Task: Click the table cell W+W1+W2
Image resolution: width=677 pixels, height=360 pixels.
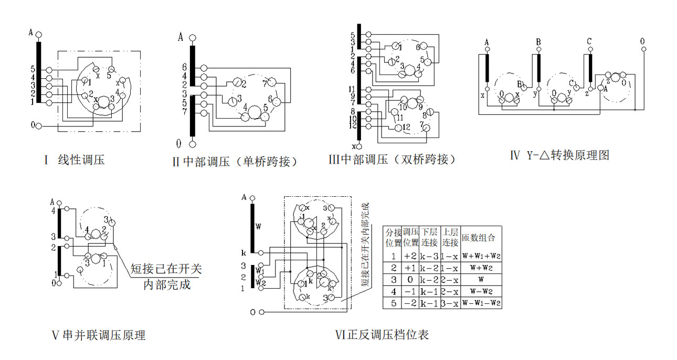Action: [481, 257]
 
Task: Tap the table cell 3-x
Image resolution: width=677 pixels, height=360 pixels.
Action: [450, 303]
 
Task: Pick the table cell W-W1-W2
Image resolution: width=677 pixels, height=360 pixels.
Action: [481, 303]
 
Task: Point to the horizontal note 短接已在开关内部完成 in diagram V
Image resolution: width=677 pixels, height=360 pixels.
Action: [166, 277]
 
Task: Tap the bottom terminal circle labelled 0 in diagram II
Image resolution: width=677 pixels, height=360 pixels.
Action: [193, 143]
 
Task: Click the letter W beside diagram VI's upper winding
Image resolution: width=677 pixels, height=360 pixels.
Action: [258, 227]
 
